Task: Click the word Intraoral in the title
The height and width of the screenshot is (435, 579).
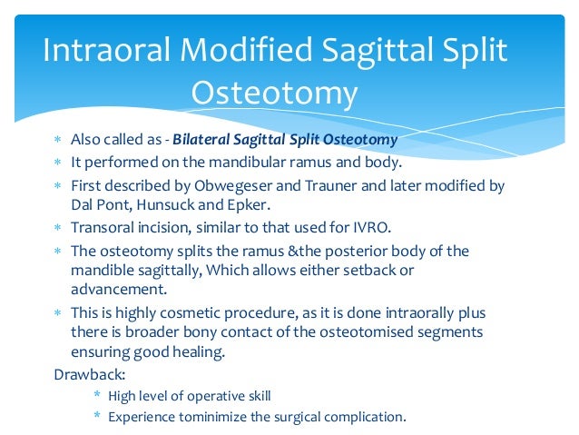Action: (x=106, y=50)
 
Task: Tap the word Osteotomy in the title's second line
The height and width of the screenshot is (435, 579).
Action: (x=274, y=94)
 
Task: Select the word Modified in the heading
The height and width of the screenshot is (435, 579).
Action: (x=246, y=49)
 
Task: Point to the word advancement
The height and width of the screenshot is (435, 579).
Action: (x=119, y=289)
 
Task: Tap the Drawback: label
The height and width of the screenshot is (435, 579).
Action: (x=90, y=374)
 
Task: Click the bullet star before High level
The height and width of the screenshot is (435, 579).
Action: (x=97, y=394)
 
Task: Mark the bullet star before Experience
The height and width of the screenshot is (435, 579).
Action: (x=97, y=415)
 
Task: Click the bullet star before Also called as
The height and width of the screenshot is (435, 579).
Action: (x=57, y=139)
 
